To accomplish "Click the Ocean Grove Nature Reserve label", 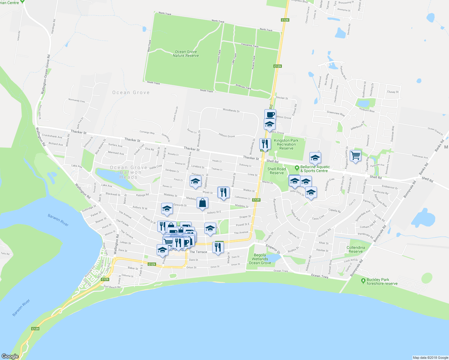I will [x=186, y=54].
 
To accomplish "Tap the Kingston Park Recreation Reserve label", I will [x=286, y=144].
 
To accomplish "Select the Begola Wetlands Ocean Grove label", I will [x=260, y=259].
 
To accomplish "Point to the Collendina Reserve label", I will [x=356, y=250].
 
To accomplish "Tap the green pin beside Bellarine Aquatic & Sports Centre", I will [x=297, y=168].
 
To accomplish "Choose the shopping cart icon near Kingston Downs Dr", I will [x=355, y=156].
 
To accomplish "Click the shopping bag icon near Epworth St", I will [x=203, y=203].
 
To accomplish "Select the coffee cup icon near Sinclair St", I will [x=270, y=114].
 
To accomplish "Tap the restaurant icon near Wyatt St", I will [x=223, y=192].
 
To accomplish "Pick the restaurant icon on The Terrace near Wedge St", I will [x=218, y=247].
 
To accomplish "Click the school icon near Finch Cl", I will [x=195, y=181].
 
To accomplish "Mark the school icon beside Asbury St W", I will [x=167, y=209].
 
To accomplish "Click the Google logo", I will [x=10, y=356].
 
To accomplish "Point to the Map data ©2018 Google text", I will [x=430, y=358].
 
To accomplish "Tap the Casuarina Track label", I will [x=250, y=45].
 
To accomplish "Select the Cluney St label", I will [x=393, y=92].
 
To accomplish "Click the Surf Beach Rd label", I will [x=112, y=287].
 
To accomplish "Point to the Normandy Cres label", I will [x=77, y=101].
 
